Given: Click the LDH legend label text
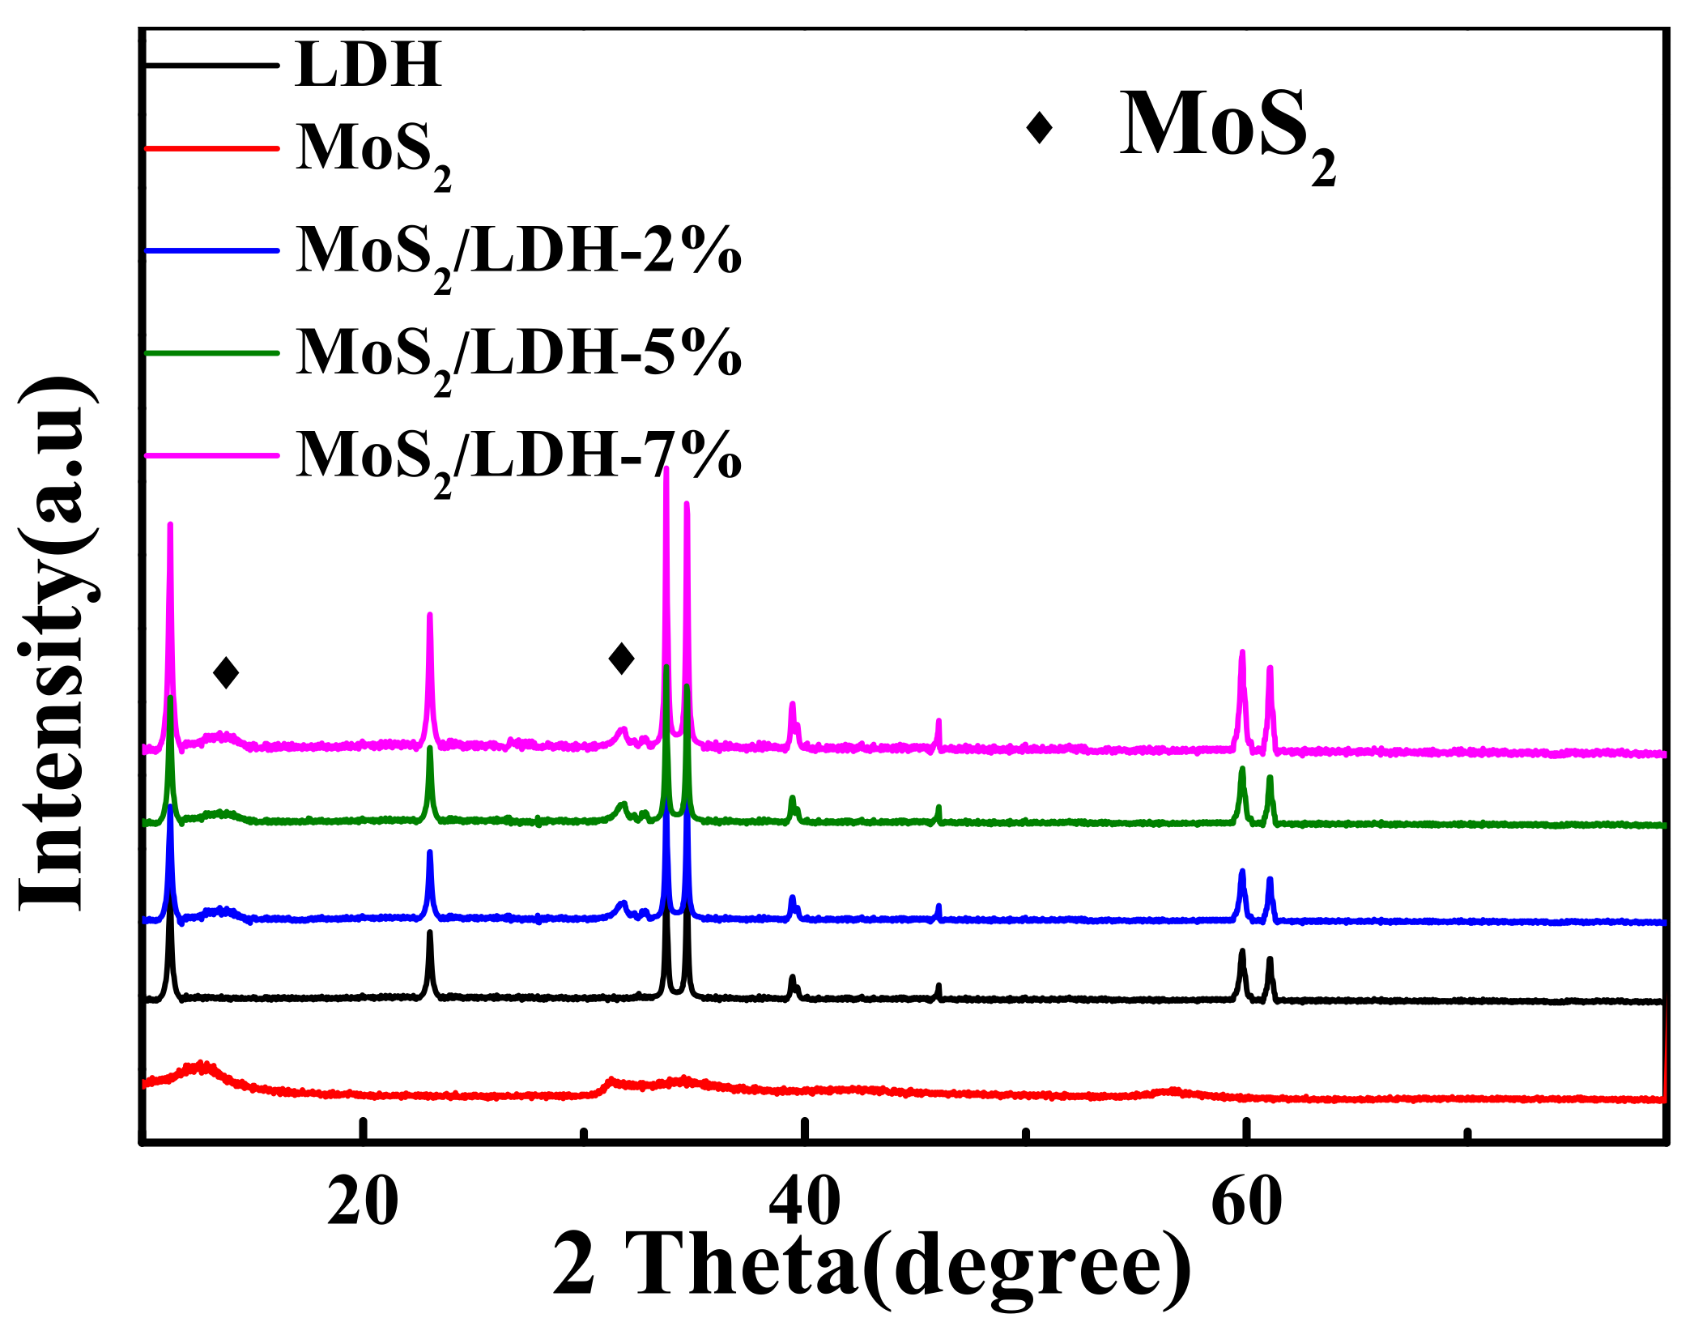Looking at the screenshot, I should pos(368,65).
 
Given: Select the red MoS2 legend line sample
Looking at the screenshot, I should pos(212,149).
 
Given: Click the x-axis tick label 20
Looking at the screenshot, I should pos(363,1203).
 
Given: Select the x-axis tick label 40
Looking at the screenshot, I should pos(804,1203).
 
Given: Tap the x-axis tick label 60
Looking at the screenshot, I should pos(1246,1203).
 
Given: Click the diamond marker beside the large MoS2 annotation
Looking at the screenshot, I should pos(1039,127).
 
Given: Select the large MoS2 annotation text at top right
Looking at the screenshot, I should pos(1227,134).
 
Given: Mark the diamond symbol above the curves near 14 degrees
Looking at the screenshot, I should pos(226,672).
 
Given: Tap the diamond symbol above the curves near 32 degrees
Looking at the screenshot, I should pos(621,659).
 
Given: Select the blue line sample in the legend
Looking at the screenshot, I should pos(212,250).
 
